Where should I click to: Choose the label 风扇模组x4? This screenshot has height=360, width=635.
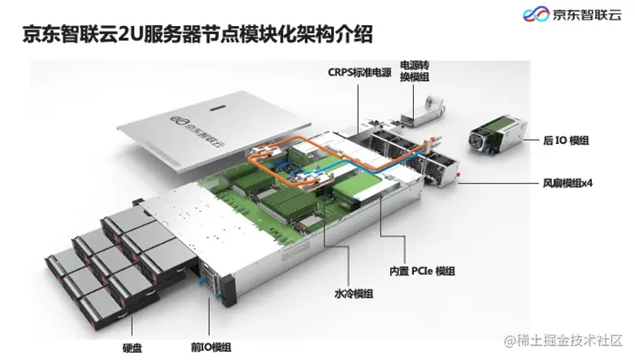pyautogui.click(x=567, y=183)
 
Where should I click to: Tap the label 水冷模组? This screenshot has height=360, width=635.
pyautogui.click(x=354, y=293)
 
